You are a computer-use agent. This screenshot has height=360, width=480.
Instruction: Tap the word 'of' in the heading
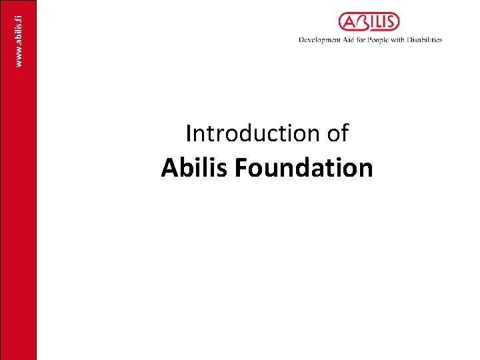click(x=337, y=134)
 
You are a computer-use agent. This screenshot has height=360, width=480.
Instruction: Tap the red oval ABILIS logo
click(x=369, y=23)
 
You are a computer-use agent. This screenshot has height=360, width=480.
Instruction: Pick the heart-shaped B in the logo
click(x=363, y=23)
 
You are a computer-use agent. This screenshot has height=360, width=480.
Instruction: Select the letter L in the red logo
click(x=378, y=23)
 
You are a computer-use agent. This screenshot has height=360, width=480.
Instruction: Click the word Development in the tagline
click(x=319, y=40)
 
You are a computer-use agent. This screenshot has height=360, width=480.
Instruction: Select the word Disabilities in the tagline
click(x=424, y=40)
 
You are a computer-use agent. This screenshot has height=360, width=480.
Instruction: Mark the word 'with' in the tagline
click(x=397, y=40)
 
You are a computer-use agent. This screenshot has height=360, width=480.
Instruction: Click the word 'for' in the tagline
click(x=358, y=40)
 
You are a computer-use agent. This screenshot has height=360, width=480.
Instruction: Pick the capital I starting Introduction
click(x=189, y=134)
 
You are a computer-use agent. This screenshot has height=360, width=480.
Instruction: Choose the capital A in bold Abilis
click(x=169, y=168)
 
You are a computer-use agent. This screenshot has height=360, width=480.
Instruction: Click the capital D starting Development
click(x=301, y=40)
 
